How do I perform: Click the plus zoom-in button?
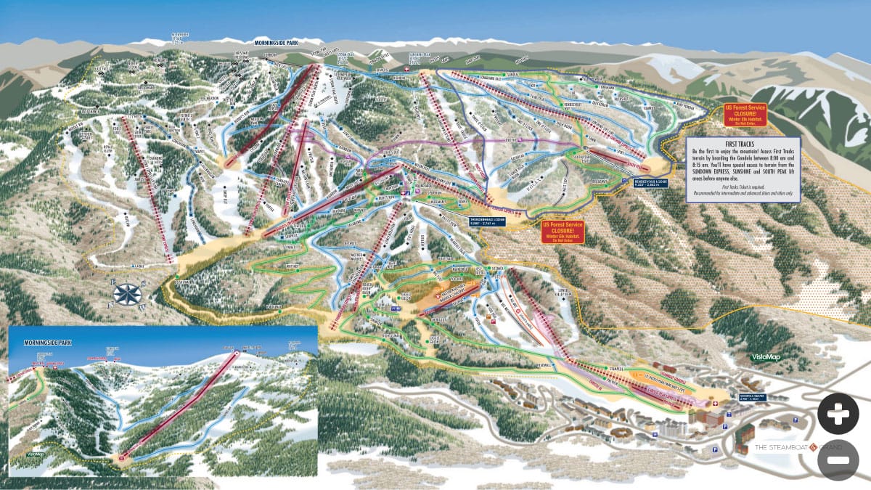(x=838, y=414)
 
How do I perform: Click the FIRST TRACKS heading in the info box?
(x=743, y=146)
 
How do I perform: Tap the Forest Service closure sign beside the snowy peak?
(x=745, y=114)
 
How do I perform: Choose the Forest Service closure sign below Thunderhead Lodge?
(x=563, y=232)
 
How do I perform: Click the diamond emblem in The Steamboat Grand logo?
(x=814, y=446)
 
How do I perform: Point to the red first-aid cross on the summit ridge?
(x=406, y=69)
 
